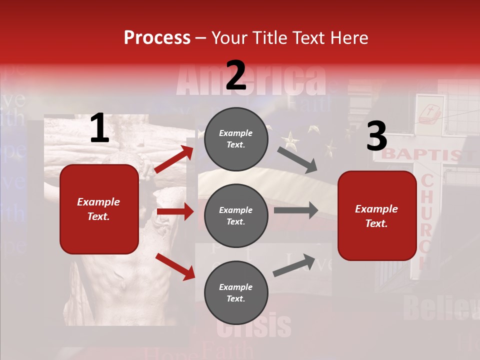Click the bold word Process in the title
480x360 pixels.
[157, 37]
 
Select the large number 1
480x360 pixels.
[99, 128]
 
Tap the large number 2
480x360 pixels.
[236, 75]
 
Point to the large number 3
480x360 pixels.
[376, 136]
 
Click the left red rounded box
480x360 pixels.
[99, 209]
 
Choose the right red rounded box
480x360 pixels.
[377, 215]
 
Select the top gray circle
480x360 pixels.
[235, 139]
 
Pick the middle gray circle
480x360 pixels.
[235, 216]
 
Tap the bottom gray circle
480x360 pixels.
[235, 293]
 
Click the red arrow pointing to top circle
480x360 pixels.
[173, 159]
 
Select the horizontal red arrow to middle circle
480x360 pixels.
[175, 211]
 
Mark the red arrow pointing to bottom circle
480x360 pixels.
[175, 266]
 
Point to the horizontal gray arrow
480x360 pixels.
[296, 210]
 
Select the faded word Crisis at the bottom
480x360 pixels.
[254, 326]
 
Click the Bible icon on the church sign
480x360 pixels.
[429, 115]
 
